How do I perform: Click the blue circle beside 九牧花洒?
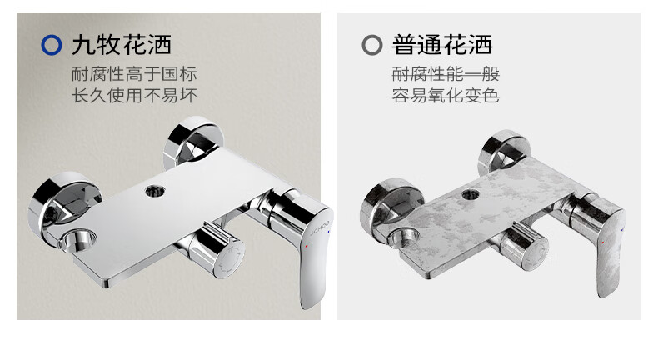[x=51, y=45]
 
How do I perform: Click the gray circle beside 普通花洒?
[x=371, y=45]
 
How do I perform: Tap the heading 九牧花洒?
[x=122, y=45]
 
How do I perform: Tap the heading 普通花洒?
[x=442, y=45]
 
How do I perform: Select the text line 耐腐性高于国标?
[x=134, y=74]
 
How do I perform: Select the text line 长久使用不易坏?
[x=134, y=95]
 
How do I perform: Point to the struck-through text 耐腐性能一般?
[x=446, y=74]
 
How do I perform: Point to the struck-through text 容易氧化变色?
[x=446, y=95]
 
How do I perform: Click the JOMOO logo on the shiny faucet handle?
[x=319, y=227]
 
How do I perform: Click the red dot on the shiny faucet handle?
[x=307, y=245]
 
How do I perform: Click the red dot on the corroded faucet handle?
[x=603, y=242]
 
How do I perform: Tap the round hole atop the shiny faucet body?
[x=155, y=192]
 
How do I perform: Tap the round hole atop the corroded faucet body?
[x=471, y=194]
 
